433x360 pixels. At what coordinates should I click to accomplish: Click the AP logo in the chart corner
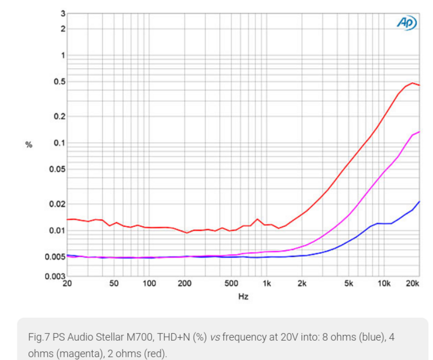(406, 22)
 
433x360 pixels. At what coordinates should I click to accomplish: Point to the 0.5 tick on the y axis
(58, 82)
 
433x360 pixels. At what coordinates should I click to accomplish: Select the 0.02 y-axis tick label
(56, 204)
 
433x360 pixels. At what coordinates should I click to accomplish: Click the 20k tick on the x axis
(412, 283)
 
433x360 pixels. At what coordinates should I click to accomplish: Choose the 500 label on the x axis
(232, 283)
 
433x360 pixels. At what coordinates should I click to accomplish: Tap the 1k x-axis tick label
(267, 283)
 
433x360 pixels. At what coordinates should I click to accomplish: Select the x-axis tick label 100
(149, 283)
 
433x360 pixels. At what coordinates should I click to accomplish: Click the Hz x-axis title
(243, 296)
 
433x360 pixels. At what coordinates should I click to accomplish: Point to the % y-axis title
(28, 145)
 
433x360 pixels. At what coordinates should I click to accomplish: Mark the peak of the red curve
(412, 83)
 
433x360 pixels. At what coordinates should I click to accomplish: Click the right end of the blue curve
(419, 202)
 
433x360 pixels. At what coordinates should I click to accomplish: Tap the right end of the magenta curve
(419, 131)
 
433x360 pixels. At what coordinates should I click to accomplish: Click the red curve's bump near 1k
(258, 219)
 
